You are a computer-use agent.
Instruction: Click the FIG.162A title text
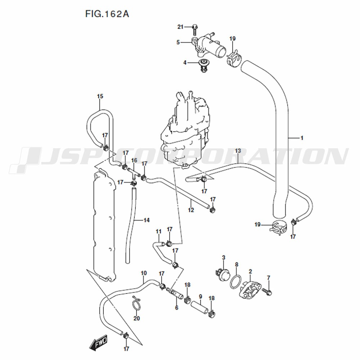click(x=107, y=14)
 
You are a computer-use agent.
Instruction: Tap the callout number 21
click(x=180, y=27)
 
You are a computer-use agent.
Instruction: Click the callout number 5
click(x=178, y=42)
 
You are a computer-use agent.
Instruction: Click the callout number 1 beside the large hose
click(x=302, y=138)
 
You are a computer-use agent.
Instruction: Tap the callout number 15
click(x=100, y=96)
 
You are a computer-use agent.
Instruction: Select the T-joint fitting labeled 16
click(x=134, y=174)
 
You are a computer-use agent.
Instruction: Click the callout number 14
click(x=147, y=220)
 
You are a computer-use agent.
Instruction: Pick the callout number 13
click(x=238, y=151)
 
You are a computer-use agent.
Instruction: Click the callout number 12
click(x=191, y=210)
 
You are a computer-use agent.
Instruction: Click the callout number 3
click(x=224, y=258)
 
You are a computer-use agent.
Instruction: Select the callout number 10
click(x=144, y=273)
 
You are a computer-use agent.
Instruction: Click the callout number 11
click(x=159, y=231)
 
